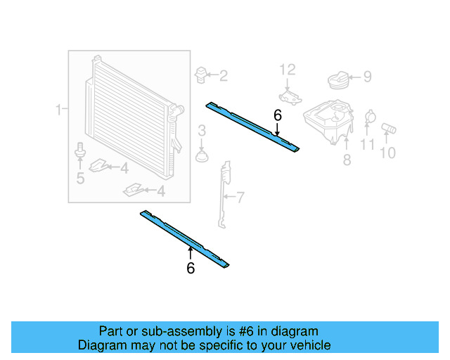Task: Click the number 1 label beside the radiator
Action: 59,110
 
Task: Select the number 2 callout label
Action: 224,76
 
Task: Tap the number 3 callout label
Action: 201,130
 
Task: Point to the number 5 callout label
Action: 80,179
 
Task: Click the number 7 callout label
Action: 240,198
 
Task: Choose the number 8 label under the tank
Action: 347,161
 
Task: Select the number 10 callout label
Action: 388,152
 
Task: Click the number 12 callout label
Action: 288,70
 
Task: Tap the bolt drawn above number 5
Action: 79,150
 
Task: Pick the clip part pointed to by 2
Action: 202,74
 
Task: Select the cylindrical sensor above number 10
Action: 390,128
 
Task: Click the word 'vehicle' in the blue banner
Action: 307,345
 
